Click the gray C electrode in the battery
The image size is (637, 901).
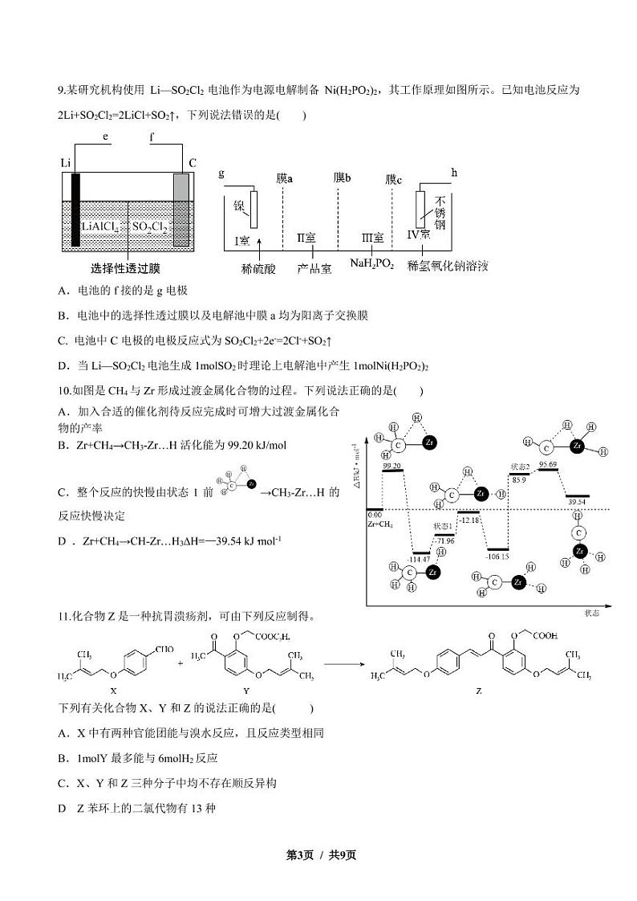click(181, 210)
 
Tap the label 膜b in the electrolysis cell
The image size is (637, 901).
click(343, 177)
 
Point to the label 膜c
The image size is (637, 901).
click(393, 179)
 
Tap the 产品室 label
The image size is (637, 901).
click(314, 269)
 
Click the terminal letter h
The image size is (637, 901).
click(454, 172)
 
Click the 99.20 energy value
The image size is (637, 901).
click(392, 466)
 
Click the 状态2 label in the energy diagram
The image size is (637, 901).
click(521, 466)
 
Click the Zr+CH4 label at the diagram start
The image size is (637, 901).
click(379, 523)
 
